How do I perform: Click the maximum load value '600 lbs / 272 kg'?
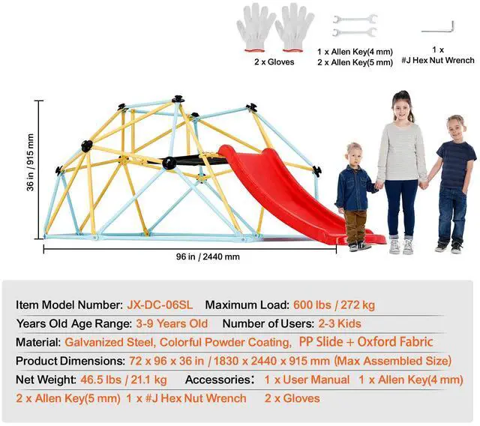334,305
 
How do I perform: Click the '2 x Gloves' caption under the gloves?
274,62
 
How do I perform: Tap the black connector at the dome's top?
178,98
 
